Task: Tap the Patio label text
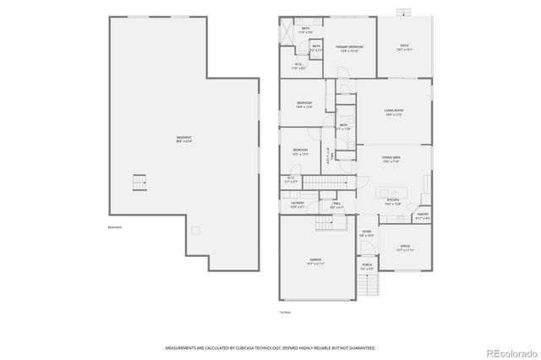click(405, 46)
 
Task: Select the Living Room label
click(393, 112)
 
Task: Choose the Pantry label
click(423, 216)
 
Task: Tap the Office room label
click(405, 249)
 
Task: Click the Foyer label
click(367, 234)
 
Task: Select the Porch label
click(368, 268)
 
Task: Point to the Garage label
click(314, 260)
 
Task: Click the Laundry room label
click(298, 205)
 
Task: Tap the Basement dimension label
click(183, 139)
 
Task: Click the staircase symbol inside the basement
click(139, 183)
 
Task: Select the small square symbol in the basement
click(195, 229)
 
